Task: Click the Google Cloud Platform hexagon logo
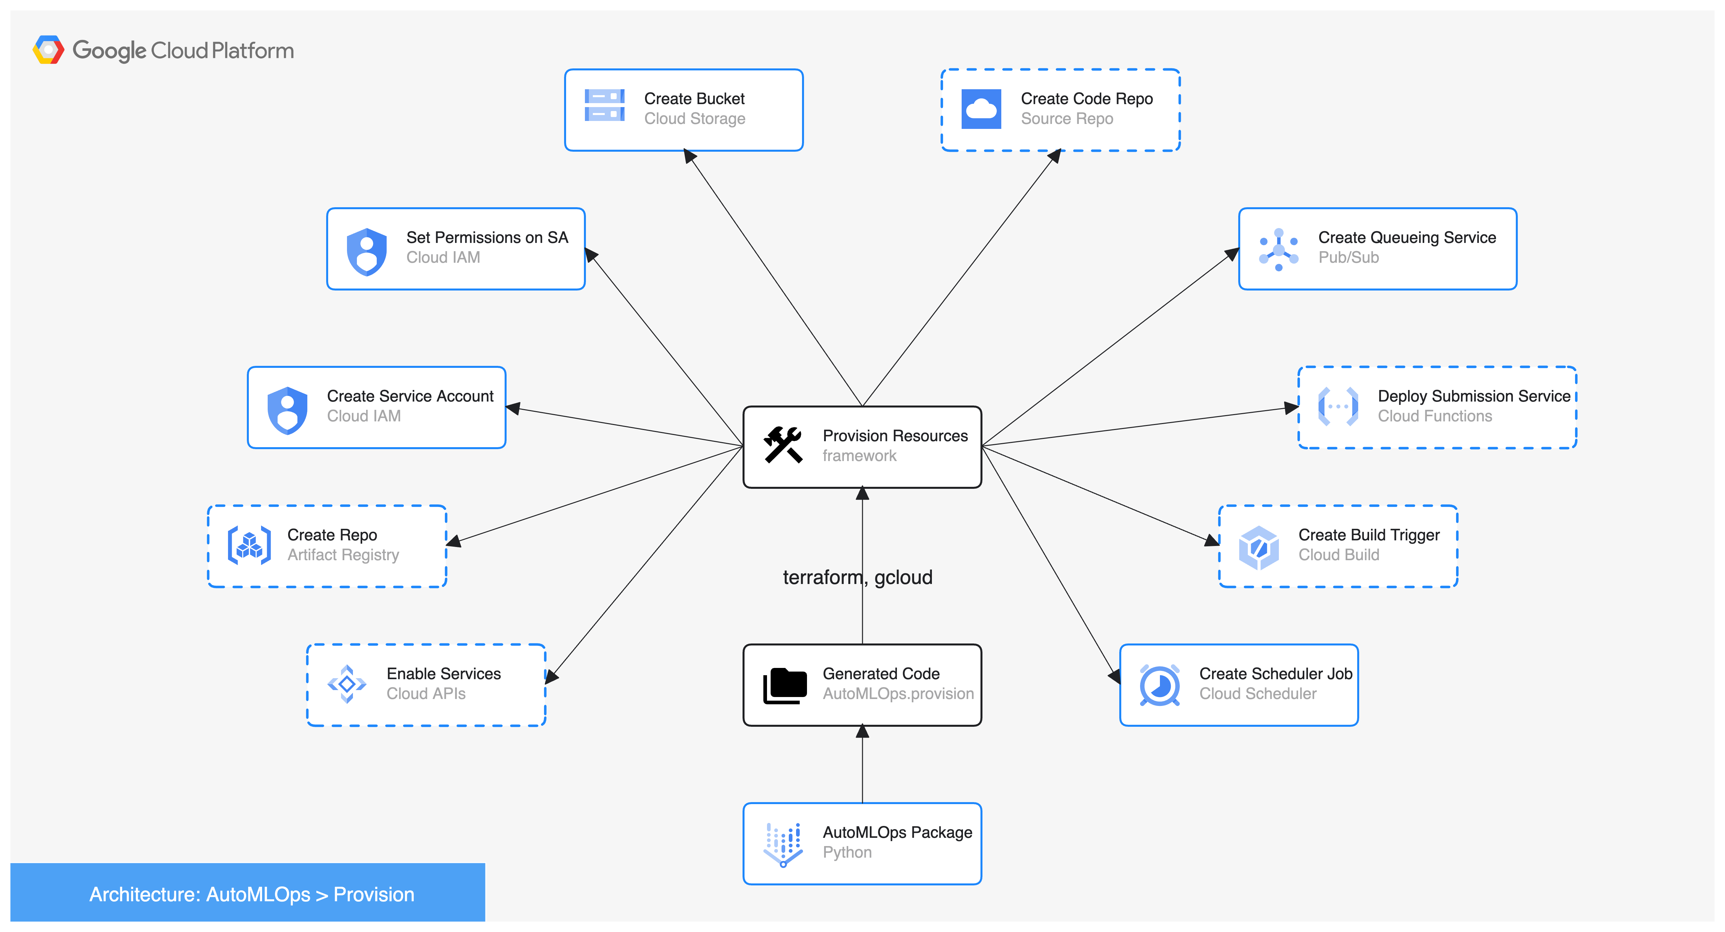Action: pos(48,50)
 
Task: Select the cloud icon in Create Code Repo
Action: pos(981,108)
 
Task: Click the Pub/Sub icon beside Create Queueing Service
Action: pos(1278,249)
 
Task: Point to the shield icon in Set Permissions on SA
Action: pos(367,252)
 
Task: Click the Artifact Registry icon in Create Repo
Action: pos(249,545)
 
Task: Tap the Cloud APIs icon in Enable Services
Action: pos(347,683)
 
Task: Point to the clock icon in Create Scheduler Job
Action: pos(1159,685)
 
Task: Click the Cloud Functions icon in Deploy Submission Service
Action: pos(1338,407)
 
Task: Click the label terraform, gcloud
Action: pos(858,577)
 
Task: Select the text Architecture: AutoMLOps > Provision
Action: pos(252,895)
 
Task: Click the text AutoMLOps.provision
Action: pos(898,694)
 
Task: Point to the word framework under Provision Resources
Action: pos(859,456)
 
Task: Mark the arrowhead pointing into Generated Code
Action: pos(862,732)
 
